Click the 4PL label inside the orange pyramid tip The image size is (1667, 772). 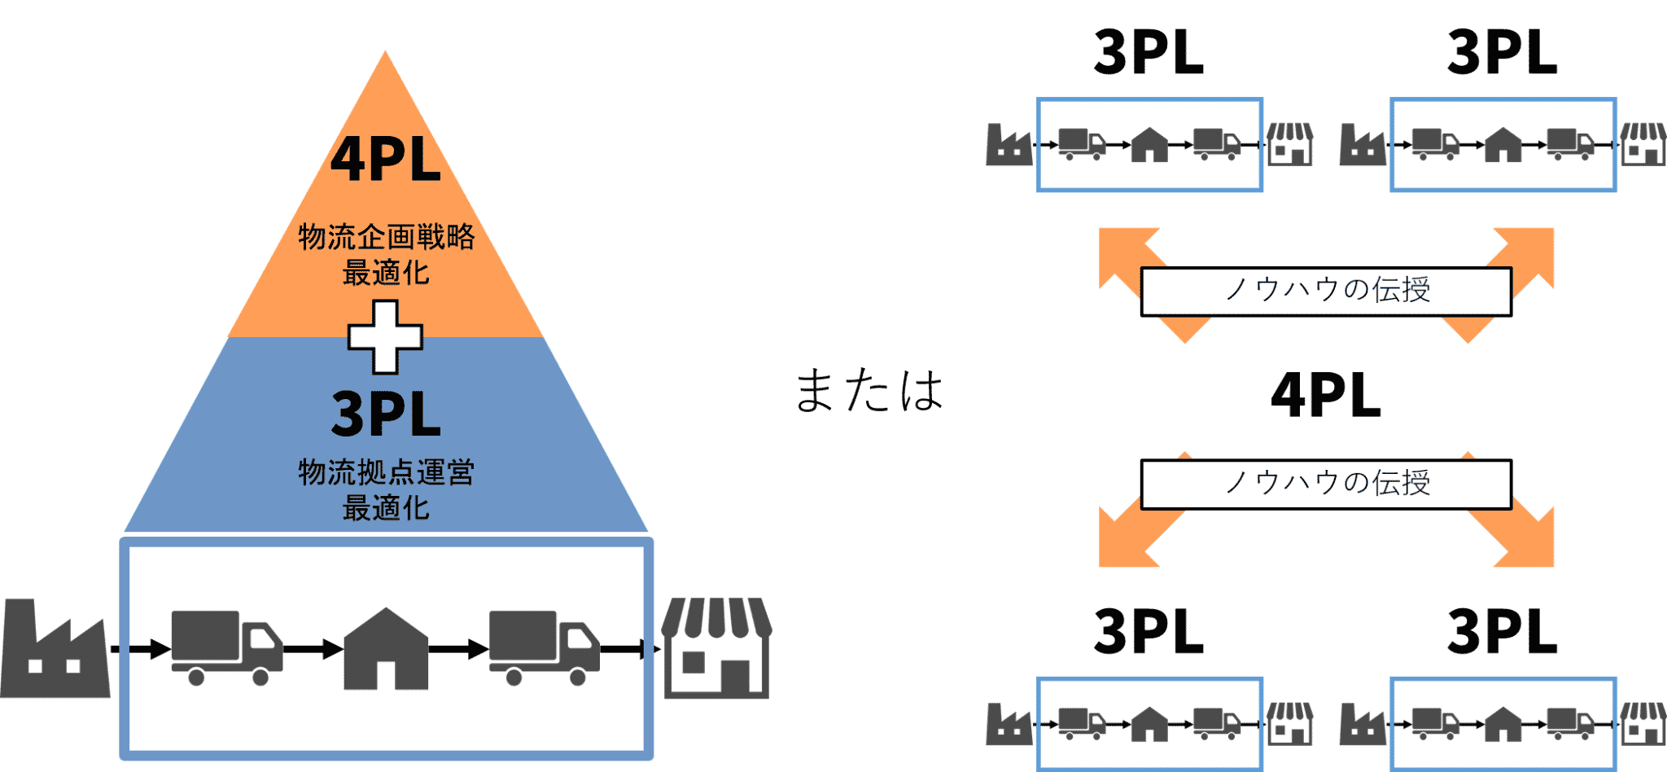click(x=385, y=159)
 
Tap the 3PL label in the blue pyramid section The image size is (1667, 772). click(x=386, y=414)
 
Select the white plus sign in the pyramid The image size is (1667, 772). click(x=385, y=336)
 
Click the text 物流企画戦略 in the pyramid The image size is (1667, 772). click(x=386, y=237)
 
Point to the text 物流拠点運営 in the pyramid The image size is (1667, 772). click(x=386, y=472)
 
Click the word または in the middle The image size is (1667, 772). click(x=869, y=391)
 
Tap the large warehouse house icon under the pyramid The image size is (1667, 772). click(x=385, y=649)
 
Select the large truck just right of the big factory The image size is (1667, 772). click(x=226, y=648)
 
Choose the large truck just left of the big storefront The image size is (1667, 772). click(x=544, y=648)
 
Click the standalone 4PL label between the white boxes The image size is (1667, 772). click(x=1326, y=396)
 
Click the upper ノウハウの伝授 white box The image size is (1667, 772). click(x=1326, y=291)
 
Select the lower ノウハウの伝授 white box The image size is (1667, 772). click(x=1326, y=484)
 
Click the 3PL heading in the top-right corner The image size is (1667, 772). click(x=1503, y=53)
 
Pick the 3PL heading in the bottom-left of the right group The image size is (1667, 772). click(x=1149, y=632)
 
